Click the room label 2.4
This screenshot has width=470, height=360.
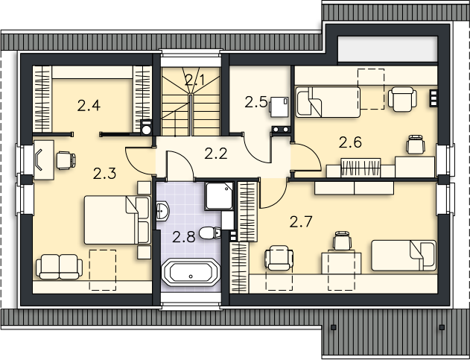tap(89, 106)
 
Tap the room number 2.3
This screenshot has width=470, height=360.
tap(104, 174)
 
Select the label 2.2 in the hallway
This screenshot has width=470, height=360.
tap(216, 154)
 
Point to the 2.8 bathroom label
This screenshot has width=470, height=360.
tap(184, 237)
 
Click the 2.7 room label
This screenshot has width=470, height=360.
tap(301, 222)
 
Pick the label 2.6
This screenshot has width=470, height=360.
tap(350, 142)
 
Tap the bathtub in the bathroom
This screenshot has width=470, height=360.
tap(191, 272)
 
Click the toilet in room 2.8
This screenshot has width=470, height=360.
tap(210, 233)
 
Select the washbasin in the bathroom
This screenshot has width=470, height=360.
tap(162, 211)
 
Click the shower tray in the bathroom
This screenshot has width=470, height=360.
tap(219, 195)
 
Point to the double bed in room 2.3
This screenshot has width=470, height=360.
tap(117, 220)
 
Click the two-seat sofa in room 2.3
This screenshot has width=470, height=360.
tap(59, 266)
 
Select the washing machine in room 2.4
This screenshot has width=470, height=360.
tap(146, 127)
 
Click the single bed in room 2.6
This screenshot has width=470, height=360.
tap(328, 102)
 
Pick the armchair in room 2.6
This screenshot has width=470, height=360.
tap(402, 98)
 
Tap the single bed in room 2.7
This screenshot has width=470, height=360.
tap(404, 256)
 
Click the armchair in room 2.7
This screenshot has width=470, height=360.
tap(279, 258)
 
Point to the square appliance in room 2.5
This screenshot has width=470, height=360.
tap(279, 107)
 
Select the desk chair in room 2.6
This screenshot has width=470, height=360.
tap(416, 145)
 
